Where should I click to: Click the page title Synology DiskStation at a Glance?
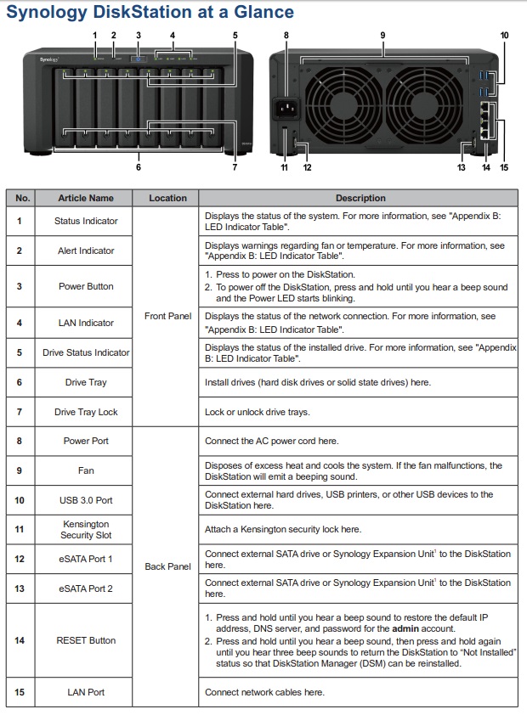(x=150, y=12)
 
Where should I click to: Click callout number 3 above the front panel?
(x=139, y=35)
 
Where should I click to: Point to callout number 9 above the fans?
(x=382, y=35)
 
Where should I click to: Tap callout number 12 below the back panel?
(x=307, y=167)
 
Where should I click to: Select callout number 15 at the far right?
(x=504, y=167)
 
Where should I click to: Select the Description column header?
(x=360, y=198)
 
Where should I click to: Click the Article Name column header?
(x=85, y=198)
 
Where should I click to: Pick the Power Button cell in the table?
(x=85, y=286)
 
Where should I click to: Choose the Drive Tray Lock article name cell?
(x=85, y=412)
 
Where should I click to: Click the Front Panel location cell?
(x=167, y=316)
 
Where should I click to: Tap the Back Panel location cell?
(x=167, y=566)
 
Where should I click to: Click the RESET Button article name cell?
(x=85, y=640)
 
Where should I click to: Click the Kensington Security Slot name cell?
(x=85, y=530)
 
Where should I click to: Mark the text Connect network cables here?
(x=264, y=692)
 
